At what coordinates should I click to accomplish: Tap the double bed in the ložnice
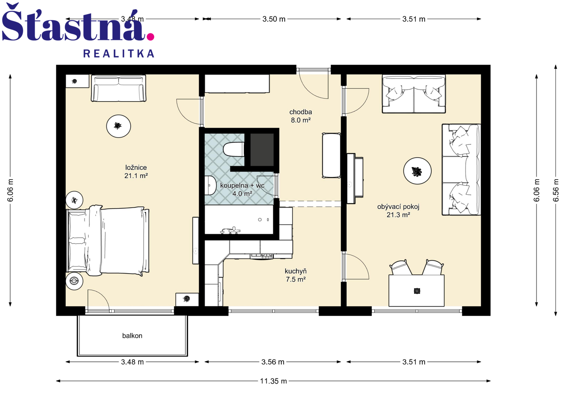point(108,240)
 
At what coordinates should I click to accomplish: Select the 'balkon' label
point(132,336)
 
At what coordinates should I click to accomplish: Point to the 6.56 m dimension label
point(556,190)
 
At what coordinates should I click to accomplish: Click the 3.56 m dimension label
point(273,362)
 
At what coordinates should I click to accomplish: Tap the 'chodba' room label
point(300,112)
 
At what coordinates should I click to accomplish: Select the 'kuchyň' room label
point(296,271)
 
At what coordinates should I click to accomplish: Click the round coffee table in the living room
point(417,171)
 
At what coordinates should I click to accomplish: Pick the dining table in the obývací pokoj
point(416,291)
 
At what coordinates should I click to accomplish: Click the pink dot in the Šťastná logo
point(150,37)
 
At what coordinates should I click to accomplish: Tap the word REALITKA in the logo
point(119,53)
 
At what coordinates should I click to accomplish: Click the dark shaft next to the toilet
point(262,150)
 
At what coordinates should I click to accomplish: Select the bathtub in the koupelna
point(239,219)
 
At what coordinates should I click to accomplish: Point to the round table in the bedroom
point(118,126)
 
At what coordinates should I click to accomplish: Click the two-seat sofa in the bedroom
point(119,88)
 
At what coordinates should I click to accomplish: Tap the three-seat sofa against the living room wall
point(461,169)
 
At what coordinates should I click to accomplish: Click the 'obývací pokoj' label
point(398,207)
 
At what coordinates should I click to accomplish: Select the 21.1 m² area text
point(136,176)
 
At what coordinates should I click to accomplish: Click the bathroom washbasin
point(210,185)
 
